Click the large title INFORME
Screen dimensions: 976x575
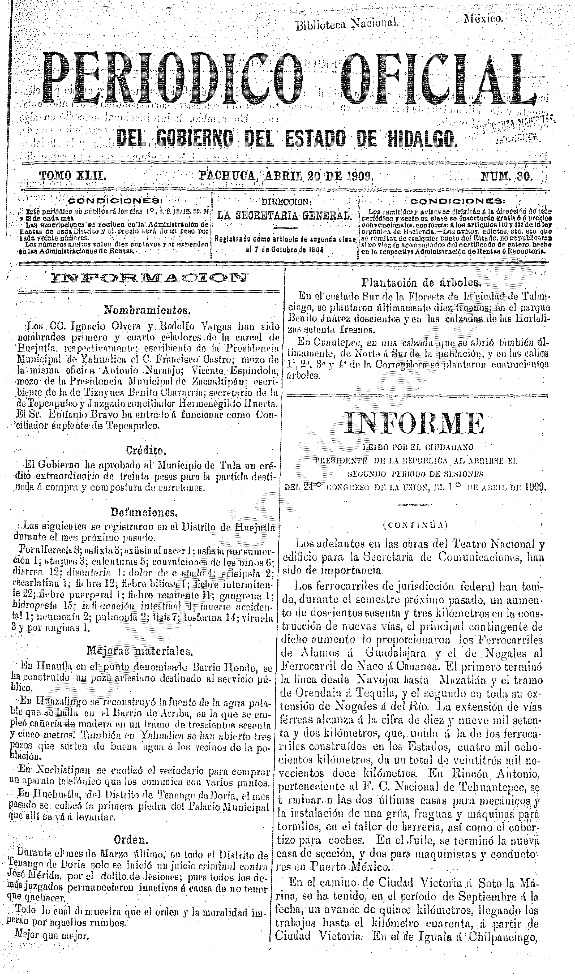coord(415,424)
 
